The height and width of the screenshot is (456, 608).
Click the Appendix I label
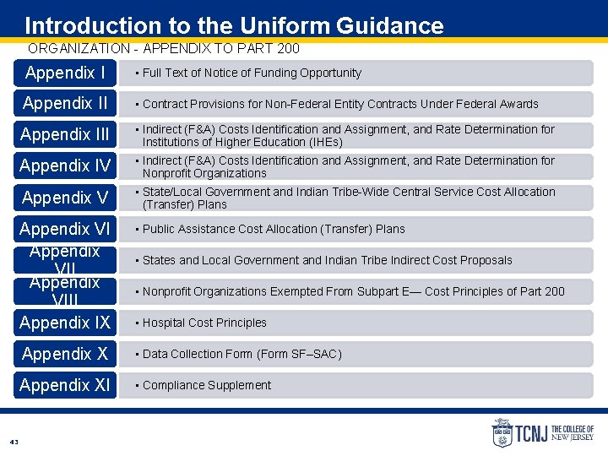pyautogui.click(x=65, y=73)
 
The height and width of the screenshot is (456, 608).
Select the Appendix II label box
pyautogui.click(x=65, y=104)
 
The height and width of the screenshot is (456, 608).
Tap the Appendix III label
pyautogui.click(x=65, y=135)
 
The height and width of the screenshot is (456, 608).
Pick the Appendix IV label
pyautogui.click(x=65, y=166)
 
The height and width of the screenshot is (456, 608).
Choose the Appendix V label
pyautogui.click(x=65, y=198)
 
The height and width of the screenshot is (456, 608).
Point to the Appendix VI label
pyautogui.click(x=65, y=229)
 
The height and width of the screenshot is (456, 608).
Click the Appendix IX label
pyautogui.click(x=65, y=323)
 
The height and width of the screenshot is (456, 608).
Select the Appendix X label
pyautogui.click(x=65, y=354)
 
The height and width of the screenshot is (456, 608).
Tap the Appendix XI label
pyautogui.click(x=65, y=385)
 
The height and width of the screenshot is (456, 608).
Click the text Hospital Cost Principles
pyautogui.click(x=204, y=323)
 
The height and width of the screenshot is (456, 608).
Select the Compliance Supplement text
pyautogui.click(x=207, y=385)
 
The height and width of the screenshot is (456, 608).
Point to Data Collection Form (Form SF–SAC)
pyautogui.click(x=242, y=354)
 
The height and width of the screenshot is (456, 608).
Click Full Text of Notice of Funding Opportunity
pyautogui.click(x=252, y=73)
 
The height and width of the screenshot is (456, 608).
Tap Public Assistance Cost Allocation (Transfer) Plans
pyautogui.click(x=274, y=229)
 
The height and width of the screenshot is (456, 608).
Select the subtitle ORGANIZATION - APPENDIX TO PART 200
pyautogui.click(x=163, y=49)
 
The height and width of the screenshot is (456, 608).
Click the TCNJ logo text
pyautogui.click(x=531, y=433)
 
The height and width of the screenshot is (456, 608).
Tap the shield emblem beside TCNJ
pyautogui.click(x=502, y=432)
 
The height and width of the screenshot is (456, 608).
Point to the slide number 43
pyautogui.click(x=14, y=442)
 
